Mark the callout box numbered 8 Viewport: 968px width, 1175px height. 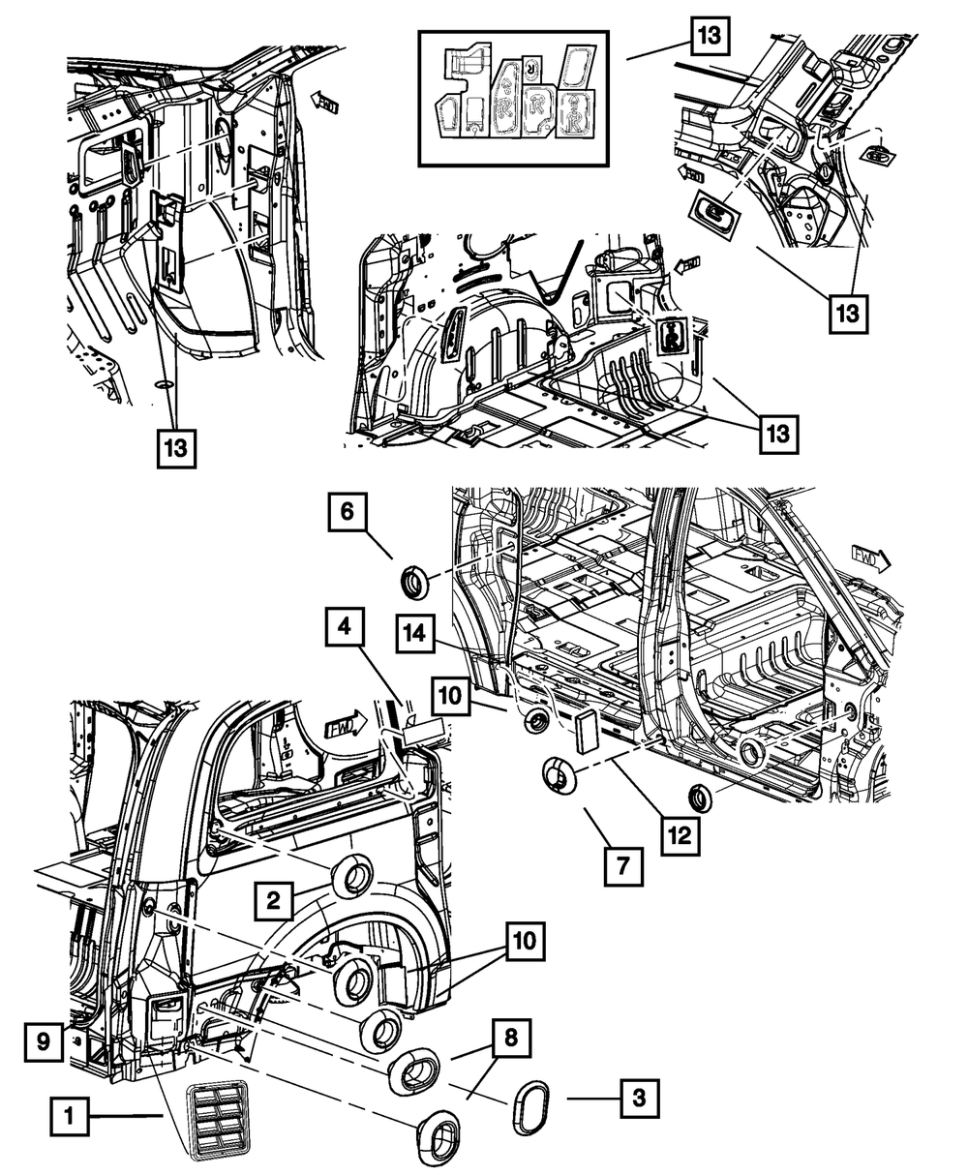tap(509, 1040)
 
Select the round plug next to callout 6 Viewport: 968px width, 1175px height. tap(415, 586)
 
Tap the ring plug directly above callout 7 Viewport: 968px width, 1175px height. tap(559, 775)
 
